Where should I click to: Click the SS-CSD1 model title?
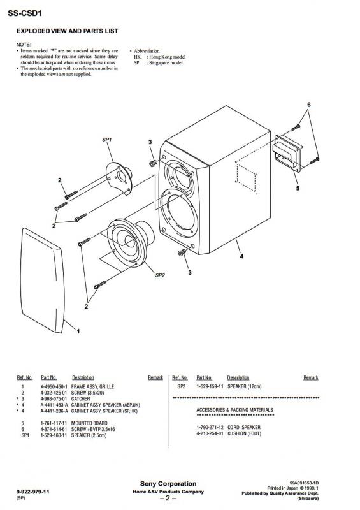pos(25,13)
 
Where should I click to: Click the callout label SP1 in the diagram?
pos(107,140)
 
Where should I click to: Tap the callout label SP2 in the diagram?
pos(160,275)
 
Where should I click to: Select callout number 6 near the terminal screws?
pos(308,105)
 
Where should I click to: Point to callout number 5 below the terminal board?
pos(298,188)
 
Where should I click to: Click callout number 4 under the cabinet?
pos(241,256)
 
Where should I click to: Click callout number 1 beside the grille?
pos(78,331)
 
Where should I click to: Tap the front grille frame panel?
pos(42,280)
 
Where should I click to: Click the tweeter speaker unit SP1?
pos(119,178)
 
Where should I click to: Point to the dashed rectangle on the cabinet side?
pos(246,178)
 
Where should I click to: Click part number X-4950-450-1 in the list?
pos(54,387)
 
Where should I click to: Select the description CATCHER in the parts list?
pos(80,399)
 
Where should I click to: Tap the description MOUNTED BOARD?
pos(89,423)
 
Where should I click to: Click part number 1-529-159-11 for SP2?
pos(210,386)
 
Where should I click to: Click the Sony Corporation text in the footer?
pos(168,484)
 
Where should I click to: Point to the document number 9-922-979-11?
pos(32,492)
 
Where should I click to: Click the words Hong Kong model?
pos(167,57)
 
